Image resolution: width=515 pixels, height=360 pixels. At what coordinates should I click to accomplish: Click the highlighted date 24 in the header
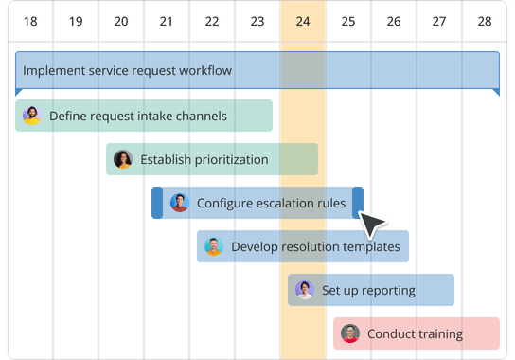pos(303,20)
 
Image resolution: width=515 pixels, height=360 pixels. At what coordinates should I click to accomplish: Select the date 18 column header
pos(30,20)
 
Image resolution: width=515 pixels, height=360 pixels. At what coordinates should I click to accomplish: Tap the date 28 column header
pos(485,20)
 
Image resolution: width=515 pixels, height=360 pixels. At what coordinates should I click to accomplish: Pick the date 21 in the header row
pos(167,20)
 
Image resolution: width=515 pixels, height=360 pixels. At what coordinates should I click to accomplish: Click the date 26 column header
pos(394,20)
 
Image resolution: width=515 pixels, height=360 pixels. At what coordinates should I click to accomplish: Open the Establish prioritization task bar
pos(211,160)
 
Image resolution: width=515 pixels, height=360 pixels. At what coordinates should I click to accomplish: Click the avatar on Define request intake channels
pos(32,116)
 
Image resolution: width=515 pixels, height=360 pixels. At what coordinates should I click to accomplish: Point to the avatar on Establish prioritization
pos(123,160)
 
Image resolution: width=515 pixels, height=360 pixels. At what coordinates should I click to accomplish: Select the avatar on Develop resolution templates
pos(214,246)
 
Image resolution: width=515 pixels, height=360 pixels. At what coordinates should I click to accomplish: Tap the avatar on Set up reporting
pos(305,290)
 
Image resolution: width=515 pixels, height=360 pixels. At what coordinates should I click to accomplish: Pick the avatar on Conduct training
pos(350,333)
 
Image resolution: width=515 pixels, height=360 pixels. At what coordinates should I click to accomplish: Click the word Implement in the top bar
pos(54,70)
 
